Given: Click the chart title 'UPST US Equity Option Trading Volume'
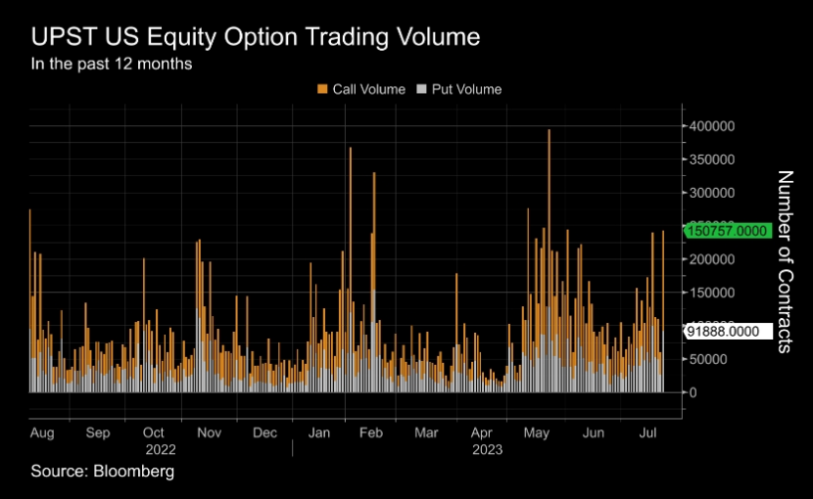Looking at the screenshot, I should click(256, 38).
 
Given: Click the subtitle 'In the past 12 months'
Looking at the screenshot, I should click(112, 65).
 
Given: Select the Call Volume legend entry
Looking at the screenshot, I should click(360, 89).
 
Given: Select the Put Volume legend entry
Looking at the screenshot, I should click(459, 89).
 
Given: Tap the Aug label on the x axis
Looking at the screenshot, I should click(42, 431).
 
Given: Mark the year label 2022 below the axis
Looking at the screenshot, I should click(160, 449).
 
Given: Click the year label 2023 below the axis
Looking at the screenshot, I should click(487, 449).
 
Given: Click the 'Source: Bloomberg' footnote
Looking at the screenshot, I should click(102, 472).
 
